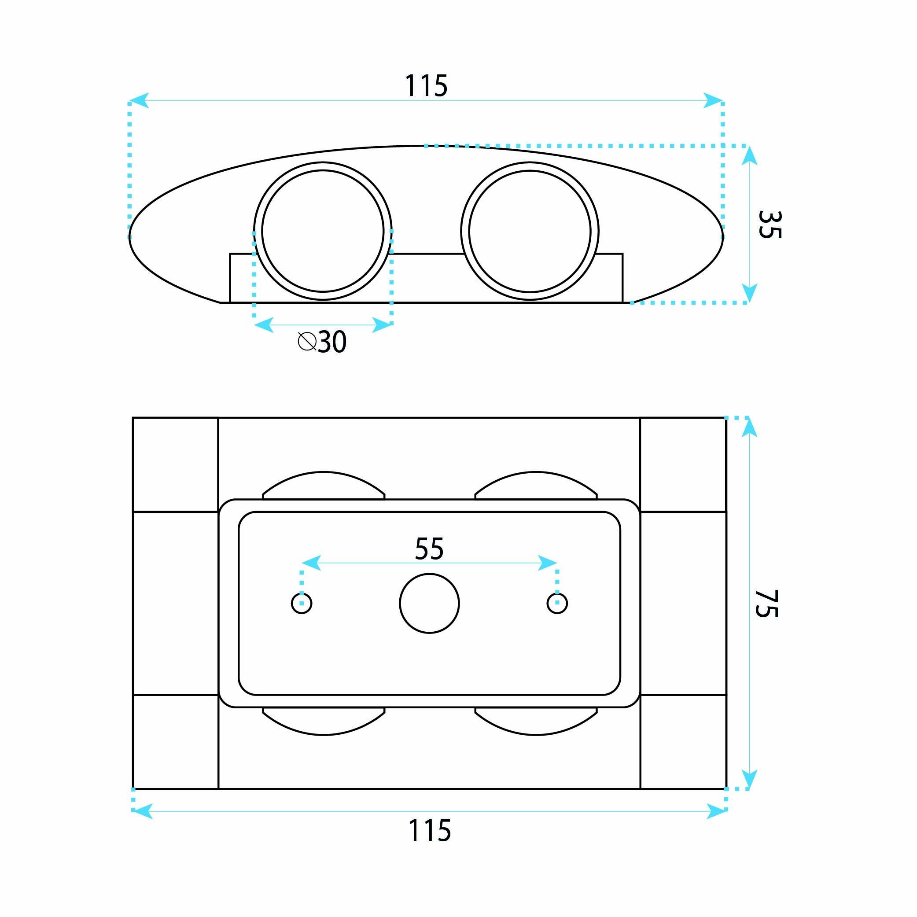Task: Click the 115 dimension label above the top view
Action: tap(426, 86)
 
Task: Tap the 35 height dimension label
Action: tap(770, 225)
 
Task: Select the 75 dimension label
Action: tap(766, 603)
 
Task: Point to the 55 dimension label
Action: tap(429, 549)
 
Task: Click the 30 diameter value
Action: tap(332, 341)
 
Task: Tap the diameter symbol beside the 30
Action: tap(307, 341)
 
